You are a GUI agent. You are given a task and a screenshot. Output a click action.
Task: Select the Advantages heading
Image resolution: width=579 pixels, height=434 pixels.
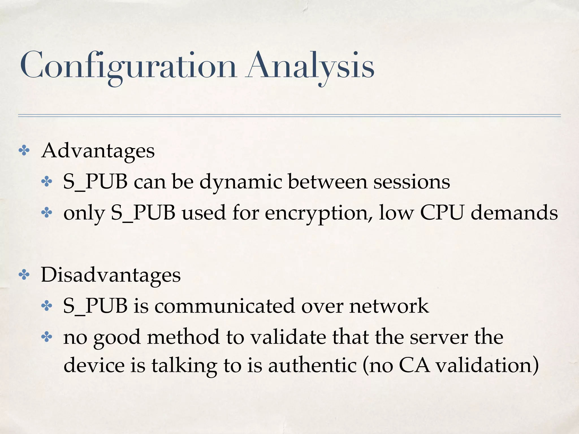98,151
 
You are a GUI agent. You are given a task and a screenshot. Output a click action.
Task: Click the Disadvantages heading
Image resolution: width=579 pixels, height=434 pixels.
111,275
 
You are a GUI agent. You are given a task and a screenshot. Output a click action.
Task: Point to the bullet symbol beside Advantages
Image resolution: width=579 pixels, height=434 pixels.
24,151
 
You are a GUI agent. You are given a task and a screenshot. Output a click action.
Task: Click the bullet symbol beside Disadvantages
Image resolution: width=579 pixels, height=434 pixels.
24,275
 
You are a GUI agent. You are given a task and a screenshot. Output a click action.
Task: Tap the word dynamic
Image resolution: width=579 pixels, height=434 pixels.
241,182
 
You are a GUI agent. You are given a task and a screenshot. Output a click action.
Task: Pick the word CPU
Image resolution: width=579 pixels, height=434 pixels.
442,212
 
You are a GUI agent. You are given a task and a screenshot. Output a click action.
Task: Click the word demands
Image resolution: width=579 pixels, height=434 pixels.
514,212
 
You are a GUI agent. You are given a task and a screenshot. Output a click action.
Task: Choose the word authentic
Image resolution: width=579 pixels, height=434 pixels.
312,365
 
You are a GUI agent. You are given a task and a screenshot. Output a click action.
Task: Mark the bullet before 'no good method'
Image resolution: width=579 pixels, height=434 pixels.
47,337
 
